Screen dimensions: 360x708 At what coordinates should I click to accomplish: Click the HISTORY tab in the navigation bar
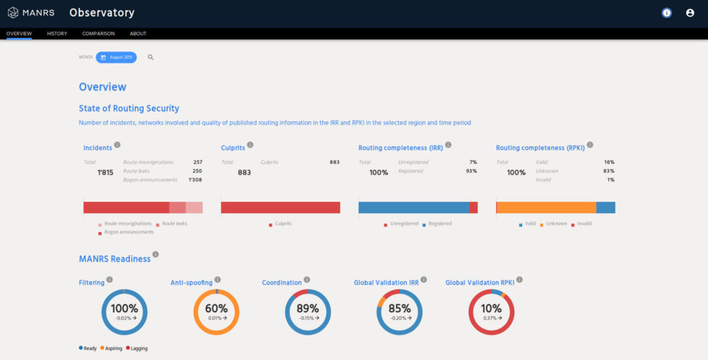pyautogui.click(x=57, y=33)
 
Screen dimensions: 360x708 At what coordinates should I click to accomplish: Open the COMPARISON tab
pyautogui.click(x=98, y=33)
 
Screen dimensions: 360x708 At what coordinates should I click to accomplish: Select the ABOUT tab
pyautogui.click(x=138, y=33)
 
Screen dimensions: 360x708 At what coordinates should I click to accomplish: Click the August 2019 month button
pyautogui.click(x=116, y=57)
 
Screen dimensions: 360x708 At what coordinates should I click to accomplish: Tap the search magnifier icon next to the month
pyautogui.click(x=151, y=57)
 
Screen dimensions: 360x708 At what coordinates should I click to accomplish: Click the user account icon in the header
pyautogui.click(x=690, y=13)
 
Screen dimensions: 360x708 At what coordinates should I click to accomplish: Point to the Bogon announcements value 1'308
pyautogui.click(x=195, y=179)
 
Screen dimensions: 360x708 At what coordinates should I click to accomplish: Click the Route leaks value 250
pyautogui.click(x=197, y=171)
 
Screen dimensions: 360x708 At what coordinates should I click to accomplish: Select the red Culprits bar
pyautogui.click(x=280, y=207)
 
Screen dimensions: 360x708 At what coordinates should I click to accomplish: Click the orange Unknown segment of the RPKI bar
pyautogui.click(x=547, y=207)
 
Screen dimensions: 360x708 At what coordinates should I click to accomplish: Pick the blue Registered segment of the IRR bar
pyautogui.click(x=413, y=207)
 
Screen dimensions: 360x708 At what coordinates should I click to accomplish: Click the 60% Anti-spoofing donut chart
pyautogui.click(x=216, y=312)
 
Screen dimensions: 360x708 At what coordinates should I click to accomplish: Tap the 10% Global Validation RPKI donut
pyautogui.click(x=491, y=312)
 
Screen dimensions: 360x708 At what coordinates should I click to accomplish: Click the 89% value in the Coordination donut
pyautogui.click(x=308, y=309)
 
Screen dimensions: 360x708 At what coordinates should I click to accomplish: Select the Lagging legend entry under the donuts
pyautogui.click(x=137, y=348)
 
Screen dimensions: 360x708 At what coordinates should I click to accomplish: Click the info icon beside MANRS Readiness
pyautogui.click(x=155, y=254)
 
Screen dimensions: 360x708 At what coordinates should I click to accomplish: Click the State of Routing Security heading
pyautogui.click(x=129, y=108)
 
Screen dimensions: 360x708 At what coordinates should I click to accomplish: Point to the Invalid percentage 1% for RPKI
pyautogui.click(x=610, y=179)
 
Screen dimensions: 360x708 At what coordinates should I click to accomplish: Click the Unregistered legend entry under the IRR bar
pyautogui.click(x=402, y=224)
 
